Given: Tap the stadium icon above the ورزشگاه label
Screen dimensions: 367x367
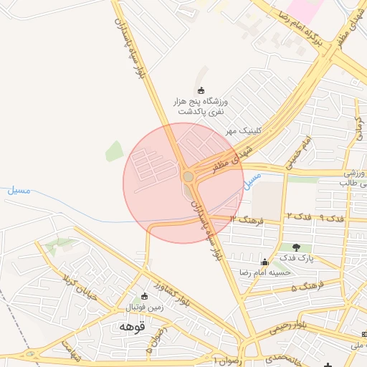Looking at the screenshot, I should [201, 90].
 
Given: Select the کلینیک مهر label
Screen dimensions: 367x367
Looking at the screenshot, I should [242, 131].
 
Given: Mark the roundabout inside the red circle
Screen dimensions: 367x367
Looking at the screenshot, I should [188, 176].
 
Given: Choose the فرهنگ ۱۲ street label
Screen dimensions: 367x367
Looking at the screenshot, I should [248, 219].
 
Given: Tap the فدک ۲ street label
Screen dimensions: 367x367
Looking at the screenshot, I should [297, 216].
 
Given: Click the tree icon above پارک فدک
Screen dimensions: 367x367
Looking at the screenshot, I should [295, 247].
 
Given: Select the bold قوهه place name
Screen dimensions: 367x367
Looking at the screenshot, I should [133, 327].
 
